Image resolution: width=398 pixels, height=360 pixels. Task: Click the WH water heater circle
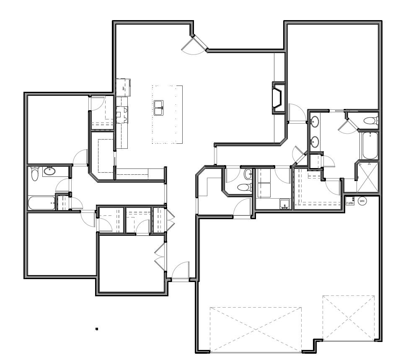(362, 201)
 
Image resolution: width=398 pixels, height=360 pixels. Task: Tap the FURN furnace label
(350, 203)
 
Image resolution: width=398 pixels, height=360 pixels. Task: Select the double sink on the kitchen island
(158, 108)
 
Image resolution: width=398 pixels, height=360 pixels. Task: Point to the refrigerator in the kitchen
(124, 87)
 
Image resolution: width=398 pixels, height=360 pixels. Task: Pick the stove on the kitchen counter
(122, 115)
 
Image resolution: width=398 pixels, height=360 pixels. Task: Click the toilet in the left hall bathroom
(34, 174)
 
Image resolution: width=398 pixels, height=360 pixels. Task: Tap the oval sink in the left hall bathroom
(49, 171)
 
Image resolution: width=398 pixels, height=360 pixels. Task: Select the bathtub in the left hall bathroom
(41, 203)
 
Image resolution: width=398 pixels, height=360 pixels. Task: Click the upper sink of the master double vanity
(315, 122)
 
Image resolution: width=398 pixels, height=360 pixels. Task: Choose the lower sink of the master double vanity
(315, 142)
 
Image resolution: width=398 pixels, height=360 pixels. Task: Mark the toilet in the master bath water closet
(371, 120)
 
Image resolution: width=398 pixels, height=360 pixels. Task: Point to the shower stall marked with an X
(367, 177)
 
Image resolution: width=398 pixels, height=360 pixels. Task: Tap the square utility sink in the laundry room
(285, 204)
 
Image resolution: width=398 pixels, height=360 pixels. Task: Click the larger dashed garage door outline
(256, 330)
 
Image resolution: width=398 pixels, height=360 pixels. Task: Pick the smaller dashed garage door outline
(349, 318)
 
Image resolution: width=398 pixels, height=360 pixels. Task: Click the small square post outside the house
(97, 329)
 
